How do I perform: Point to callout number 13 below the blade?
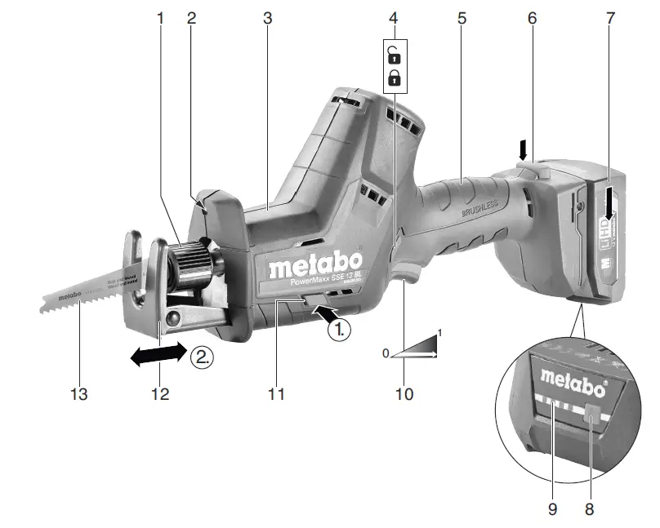pos(78,394)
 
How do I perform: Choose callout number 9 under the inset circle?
pos(552,508)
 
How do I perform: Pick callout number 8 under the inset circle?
pos(590,508)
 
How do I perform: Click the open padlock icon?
pos(395,56)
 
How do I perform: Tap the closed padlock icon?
pos(395,78)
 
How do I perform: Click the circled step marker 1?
pos(339,331)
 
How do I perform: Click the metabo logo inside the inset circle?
pos(573,376)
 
